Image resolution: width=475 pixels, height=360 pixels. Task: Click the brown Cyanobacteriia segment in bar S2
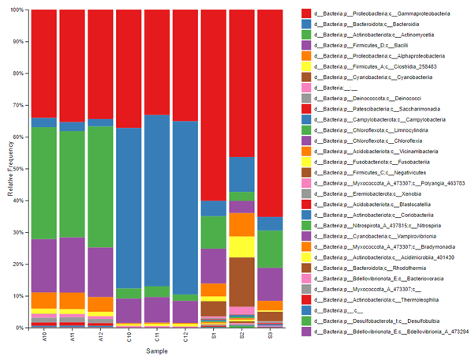[x=241, y=276]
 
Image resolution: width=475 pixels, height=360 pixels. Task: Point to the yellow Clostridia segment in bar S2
[x=241, y=246]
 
